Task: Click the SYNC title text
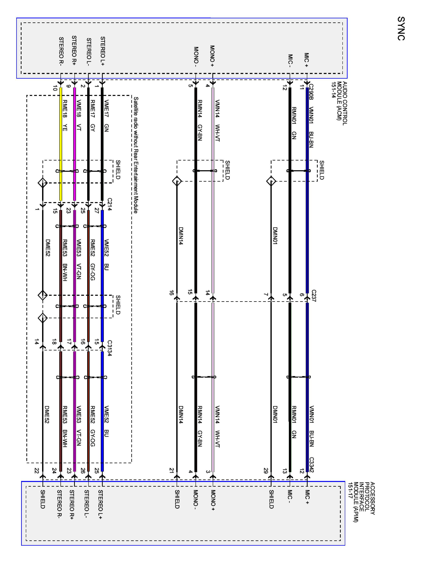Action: (401, 28)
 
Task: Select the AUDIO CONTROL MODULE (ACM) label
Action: (339, 103)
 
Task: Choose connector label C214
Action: (110, 204)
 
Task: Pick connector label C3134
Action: (110, 348)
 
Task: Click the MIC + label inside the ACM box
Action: (306, 60)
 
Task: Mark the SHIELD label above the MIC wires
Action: (321, 170)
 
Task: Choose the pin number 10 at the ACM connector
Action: (55, 88)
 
